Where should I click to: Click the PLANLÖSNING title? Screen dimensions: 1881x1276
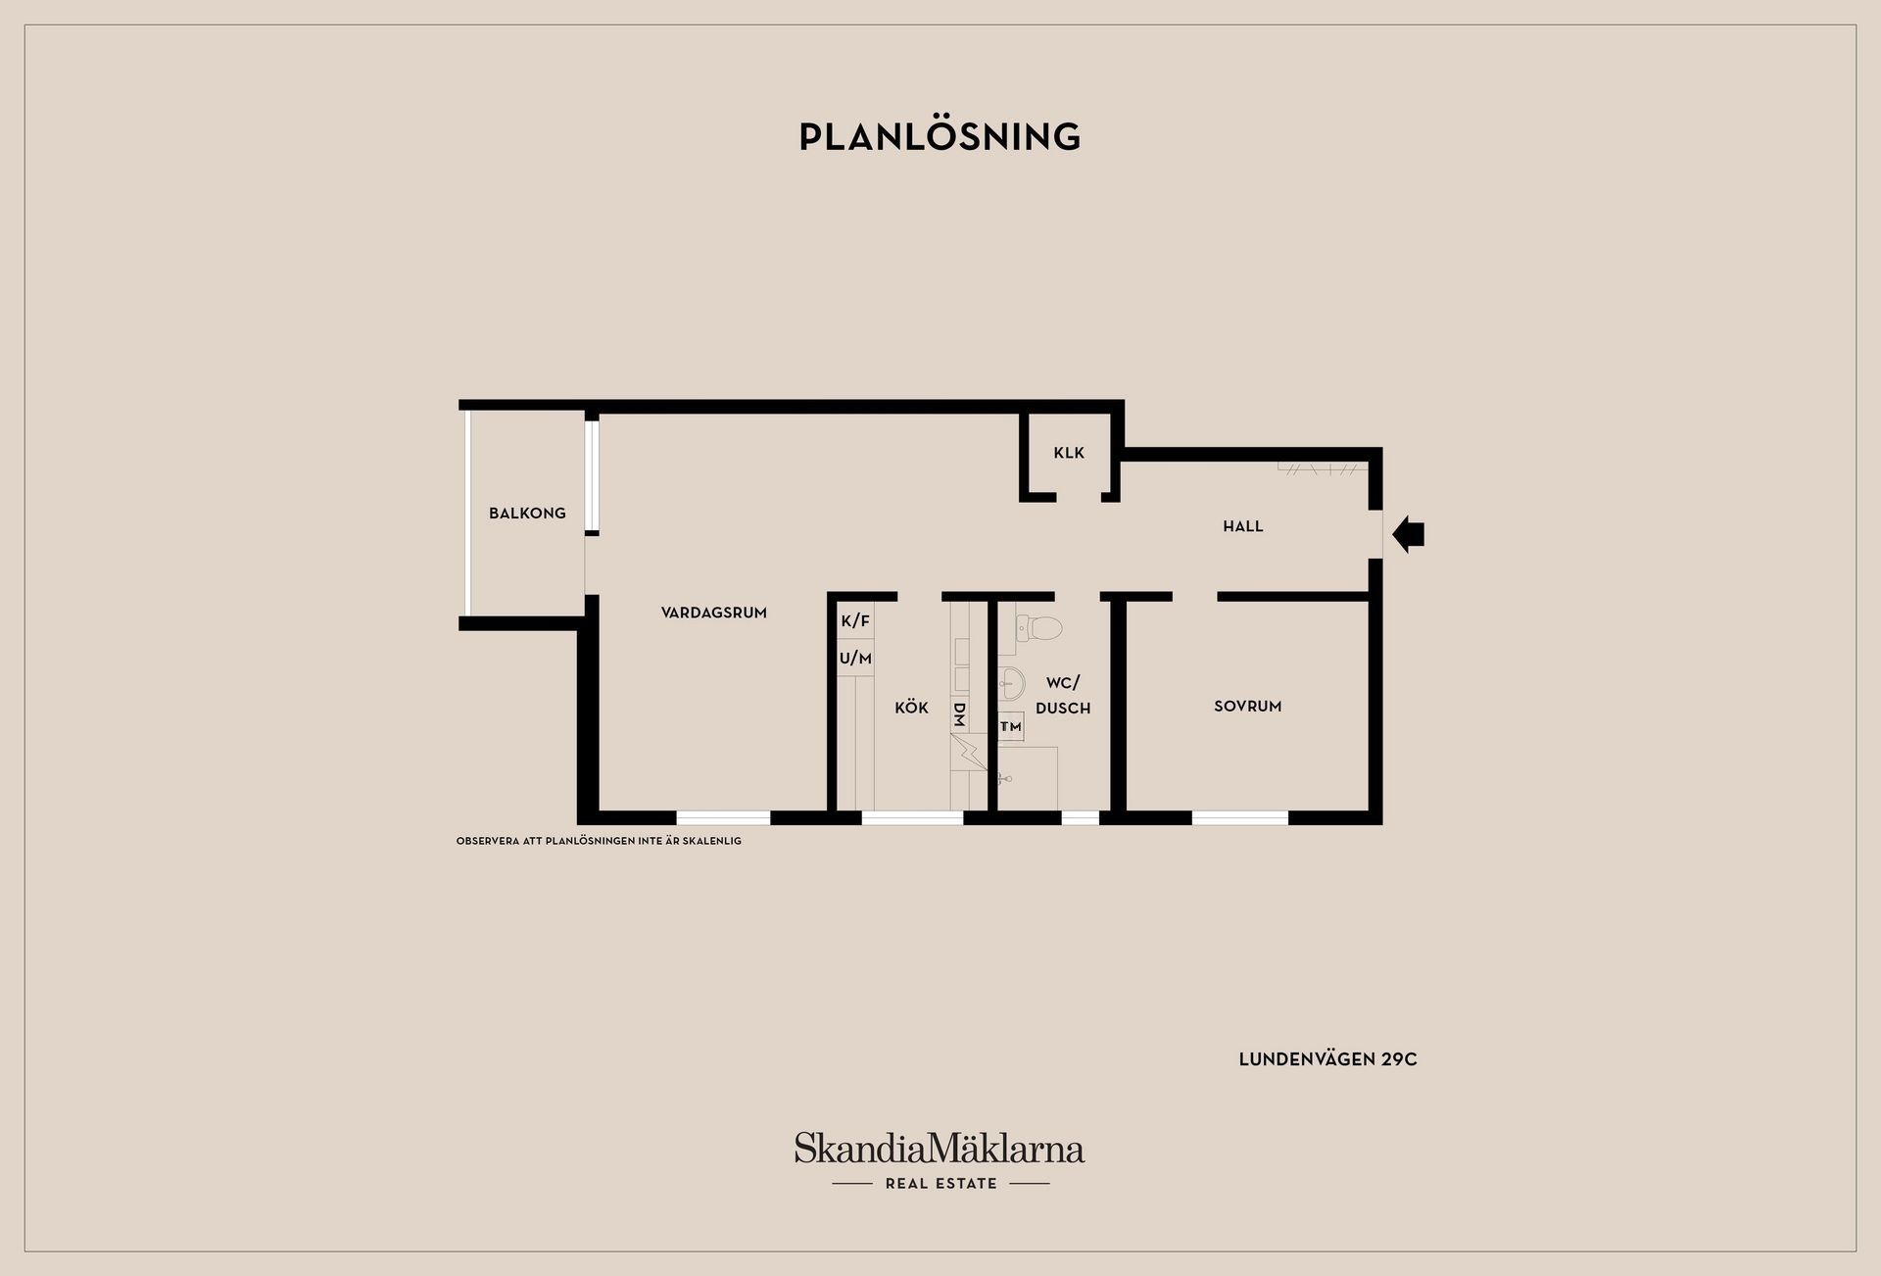pyautogui.click(x=940, y=136)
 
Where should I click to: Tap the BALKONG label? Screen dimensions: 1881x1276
pyautogui.click(x=527, y=513)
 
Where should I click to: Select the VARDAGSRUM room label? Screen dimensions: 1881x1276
pyautogui.click(x=713, y=613)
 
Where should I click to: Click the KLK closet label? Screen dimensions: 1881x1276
pyautogui.click(x=1069, y=453)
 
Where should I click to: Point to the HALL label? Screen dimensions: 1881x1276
pyautogui.click(x=1242, y=526)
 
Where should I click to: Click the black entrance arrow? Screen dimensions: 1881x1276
pyautogui.click(x=1409, y=534)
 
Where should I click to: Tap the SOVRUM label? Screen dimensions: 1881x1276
pyautogui.click(x=1247, y=706)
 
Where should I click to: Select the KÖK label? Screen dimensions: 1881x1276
pyautogui.click(x=911, y=707)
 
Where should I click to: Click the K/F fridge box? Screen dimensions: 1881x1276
pyautogui.click(x=855, y=620)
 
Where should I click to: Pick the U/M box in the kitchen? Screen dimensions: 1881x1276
pyautogui.click(x=855, y=659)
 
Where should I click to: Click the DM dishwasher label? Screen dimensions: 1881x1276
pyautogui.click(x=959, y=714)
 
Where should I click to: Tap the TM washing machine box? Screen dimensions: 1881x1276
pyautogui.click(x=1011, y=727)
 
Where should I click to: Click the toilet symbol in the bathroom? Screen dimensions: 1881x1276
pyautogui.click(x=1038, y=626)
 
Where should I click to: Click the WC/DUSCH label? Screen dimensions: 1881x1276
pyautogui.click(x=1063, y=695)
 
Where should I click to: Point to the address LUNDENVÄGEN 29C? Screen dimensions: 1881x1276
pyautogui.click(x=1327, y=1059)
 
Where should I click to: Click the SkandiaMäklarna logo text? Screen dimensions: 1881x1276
pyautogui.click(x=940, y=1149)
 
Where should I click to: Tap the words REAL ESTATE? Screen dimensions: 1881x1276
pyautogui.click(x=940, y=1183)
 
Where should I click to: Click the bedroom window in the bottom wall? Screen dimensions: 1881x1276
pyautogui.click(x=1239, y=817)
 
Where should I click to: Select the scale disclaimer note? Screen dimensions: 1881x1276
pyautogui.click(x=599, y=841)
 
